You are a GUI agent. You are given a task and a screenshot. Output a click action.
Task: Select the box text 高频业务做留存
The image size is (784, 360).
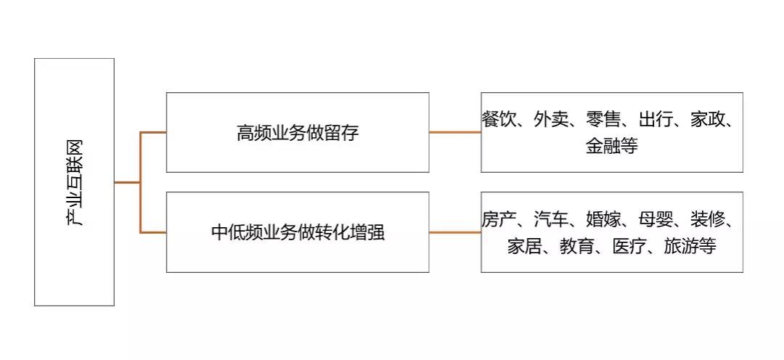(x=298, y=134)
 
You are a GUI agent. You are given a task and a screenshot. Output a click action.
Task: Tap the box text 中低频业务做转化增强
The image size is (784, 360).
(x=298, y=233)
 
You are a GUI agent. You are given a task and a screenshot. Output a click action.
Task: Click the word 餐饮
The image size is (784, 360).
(x=498, y=119)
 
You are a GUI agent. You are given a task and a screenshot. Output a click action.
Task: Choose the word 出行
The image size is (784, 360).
(x=656, y=119)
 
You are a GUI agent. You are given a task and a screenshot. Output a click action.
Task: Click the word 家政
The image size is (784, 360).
(x=709, y=119)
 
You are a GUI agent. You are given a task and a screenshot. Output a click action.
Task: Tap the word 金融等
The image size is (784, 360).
(x=611, y=146)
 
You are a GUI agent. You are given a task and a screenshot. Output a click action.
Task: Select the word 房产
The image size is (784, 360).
(x=498, y=218)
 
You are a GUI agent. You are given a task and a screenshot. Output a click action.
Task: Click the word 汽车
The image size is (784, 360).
(x=551, y=218)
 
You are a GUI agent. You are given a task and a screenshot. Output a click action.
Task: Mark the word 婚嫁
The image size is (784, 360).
(x=603, y=218)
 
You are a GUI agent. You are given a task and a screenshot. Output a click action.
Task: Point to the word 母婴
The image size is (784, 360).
(x=656, y=218)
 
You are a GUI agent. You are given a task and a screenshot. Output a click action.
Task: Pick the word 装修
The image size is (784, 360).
(x=709, y=218)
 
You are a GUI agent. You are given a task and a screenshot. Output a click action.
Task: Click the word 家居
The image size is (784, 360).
(x=525, y=246)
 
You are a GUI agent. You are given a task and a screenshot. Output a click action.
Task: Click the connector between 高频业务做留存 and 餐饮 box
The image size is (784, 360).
(x=454, y=132)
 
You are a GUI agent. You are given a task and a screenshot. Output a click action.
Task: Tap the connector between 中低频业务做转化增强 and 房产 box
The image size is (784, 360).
(x=454, y=232)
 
